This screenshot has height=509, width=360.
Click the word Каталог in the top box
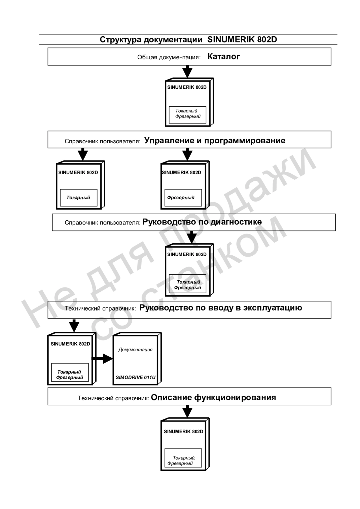pos(223,57)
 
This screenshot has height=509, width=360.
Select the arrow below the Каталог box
pos(187,72)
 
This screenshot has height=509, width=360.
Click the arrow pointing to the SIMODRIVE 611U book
pos(102,359)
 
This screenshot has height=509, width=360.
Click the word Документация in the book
pos(135,350)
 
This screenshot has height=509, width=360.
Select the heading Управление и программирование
pos(215,140)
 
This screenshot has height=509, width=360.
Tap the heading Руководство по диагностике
pos(202,222)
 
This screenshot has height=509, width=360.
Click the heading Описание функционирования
pos(213,398)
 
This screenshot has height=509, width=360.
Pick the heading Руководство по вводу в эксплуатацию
pos(220,308)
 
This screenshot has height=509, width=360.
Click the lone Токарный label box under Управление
pos(79,198)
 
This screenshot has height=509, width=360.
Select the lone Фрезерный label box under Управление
pos(183,198)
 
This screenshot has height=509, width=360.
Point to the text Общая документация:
pos(169,57)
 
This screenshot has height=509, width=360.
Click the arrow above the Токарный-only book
pos(83,154)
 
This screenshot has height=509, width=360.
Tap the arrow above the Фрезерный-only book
pos(187,154)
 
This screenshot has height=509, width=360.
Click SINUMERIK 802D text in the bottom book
pos(184,431)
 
